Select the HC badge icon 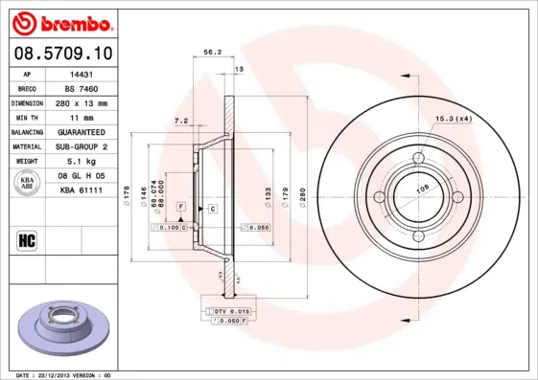27,240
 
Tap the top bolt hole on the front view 418,158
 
